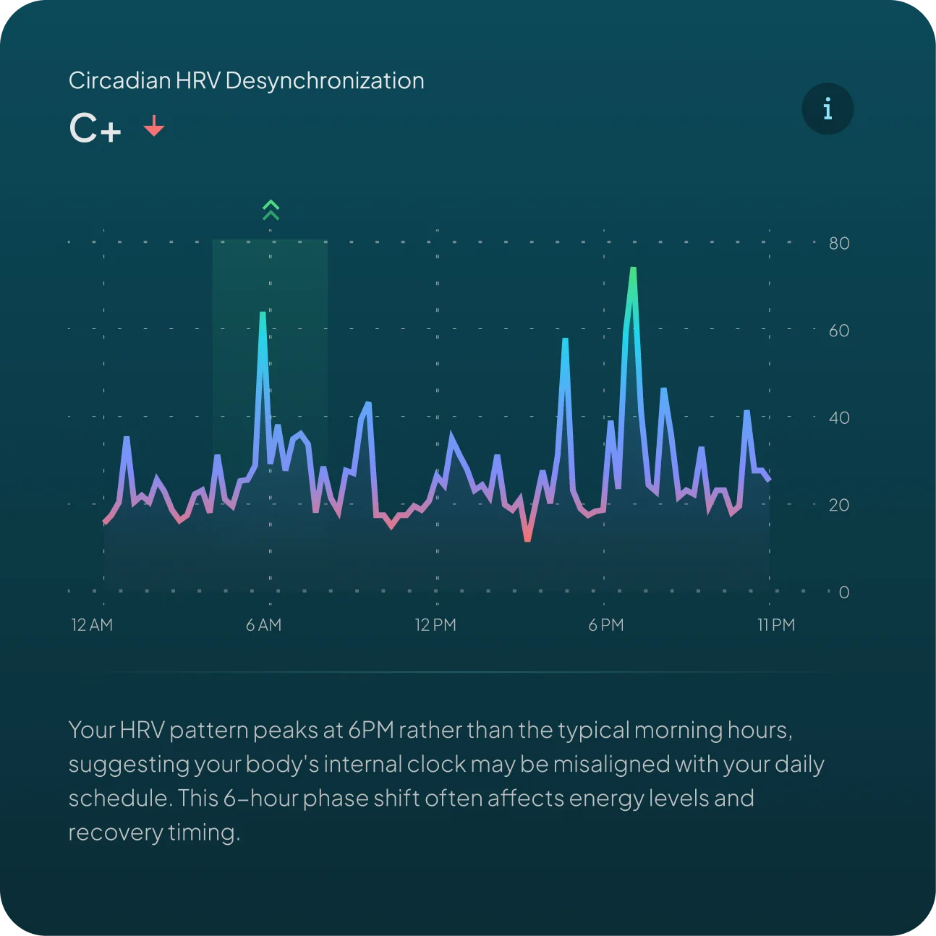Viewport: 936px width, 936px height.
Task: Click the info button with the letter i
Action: pyautogui.click(x=827, y=109)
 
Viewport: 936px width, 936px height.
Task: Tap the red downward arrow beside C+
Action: pyautogui.click(x=154, y=126)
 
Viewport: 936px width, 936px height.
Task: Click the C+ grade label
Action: pyautogui.click(x=95, y=129)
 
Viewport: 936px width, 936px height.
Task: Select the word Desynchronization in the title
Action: pyautogui.click(x=325, y=80)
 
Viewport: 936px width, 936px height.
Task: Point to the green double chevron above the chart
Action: pyautogui.click(x=271, y=210)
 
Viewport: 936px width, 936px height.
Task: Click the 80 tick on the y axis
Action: pyautogui.click(x=839, y=243)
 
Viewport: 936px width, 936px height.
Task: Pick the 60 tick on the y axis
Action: pyautogui.click(x=839, y=331)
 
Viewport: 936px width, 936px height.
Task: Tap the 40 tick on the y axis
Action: pyautogui.click(x=839, y=418)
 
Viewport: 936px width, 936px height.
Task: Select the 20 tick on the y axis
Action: pyautogui.click(x=839, y=505)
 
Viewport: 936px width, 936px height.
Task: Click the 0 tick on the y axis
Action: pyautogui.click(x=843, y=592)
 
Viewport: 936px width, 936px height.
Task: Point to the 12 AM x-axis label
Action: pyautogui.click(x=92, y=625)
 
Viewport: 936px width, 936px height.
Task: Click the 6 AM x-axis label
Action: pyautogui.click(x=263, y=625)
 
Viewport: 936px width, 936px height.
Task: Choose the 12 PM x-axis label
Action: pyautogui.click(x=435, y=625)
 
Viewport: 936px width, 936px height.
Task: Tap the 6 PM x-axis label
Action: pyautogui.click(x=606, y=625)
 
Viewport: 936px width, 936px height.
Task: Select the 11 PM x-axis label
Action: pyautogui.click(x=776, y=625)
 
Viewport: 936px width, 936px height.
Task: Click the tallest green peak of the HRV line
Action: pyautogui.click(x=633, y=271)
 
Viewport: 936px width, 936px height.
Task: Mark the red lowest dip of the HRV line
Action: pyautogui.click(x=527, y=538)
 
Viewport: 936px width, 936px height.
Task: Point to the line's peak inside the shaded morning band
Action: pyautogui.click(x=263, y=314)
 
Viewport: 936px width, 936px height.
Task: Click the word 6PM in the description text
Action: pyautogui.click(x=371, y=730)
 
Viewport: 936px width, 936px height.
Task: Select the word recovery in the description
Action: pyautogui.click(x=116, y=833)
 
